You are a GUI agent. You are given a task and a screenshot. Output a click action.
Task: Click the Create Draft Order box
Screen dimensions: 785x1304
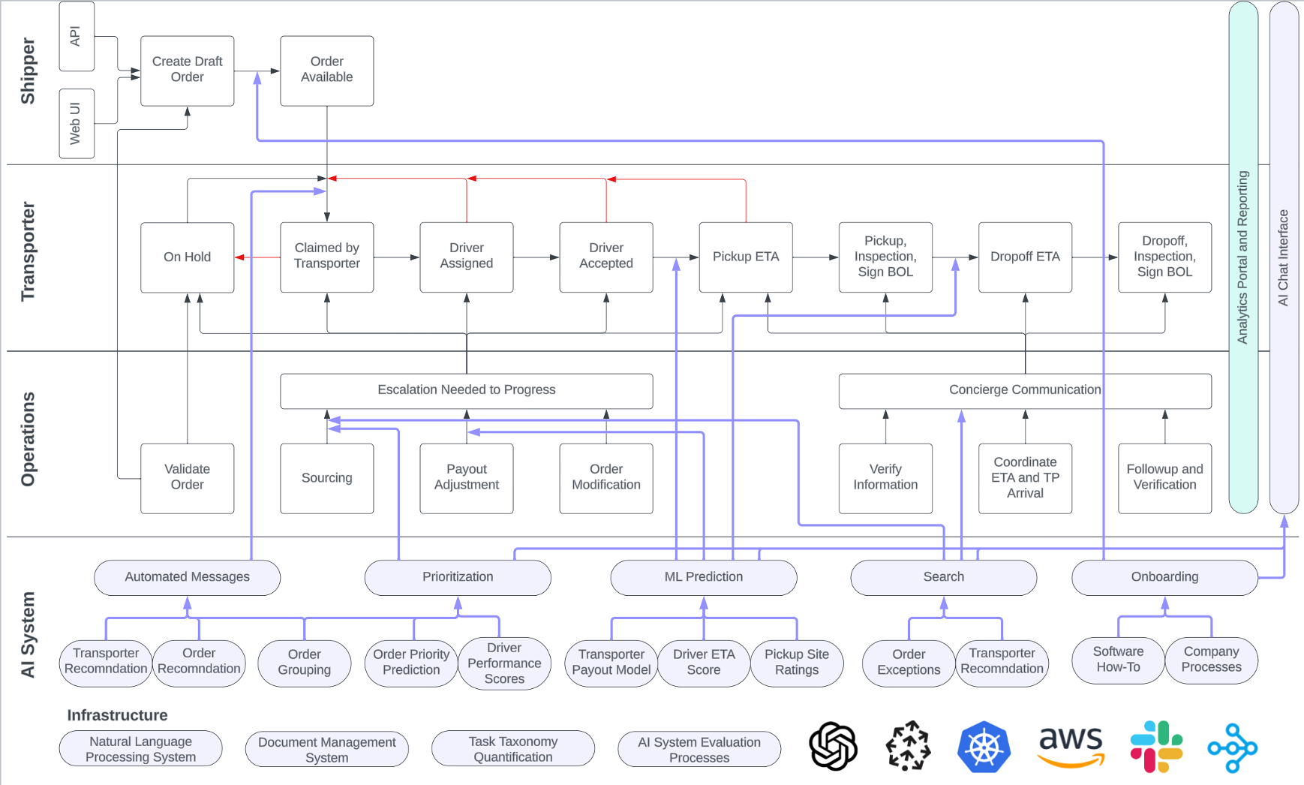[x=187, y=71]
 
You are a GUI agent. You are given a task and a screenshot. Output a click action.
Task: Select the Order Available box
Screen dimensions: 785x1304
[x=326, y=71]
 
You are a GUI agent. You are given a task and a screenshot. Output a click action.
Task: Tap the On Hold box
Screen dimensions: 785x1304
[x=187, y=257]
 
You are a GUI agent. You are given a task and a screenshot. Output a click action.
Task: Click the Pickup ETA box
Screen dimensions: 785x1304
[x=745, y=257]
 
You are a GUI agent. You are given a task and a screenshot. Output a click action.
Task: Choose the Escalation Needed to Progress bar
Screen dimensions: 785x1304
[x=466, y=390]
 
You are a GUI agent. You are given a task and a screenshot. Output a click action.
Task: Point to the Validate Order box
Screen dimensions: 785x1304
[x=187, y=477]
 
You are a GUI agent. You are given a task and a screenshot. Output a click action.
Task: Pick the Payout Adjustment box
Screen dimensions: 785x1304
[x=466, y=477]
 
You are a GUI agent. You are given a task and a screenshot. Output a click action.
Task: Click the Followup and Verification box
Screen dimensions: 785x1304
[x=1164, y=477]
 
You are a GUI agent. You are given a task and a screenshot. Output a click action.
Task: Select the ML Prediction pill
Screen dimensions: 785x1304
[x=703, y=577]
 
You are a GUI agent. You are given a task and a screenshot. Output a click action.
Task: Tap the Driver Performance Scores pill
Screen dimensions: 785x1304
[x=503, y=663]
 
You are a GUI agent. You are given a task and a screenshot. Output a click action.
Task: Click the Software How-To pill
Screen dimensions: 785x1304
[x=1117, y=660]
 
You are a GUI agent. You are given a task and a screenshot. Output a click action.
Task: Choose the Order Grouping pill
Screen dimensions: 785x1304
[x=304, y=663]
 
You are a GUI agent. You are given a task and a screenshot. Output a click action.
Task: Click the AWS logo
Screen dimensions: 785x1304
[x=1071, y=746]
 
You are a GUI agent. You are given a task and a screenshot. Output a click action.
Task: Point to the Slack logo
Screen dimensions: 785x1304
[x=1156, y=746]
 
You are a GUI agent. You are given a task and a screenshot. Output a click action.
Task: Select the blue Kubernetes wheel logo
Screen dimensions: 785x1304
[x=984, y=747]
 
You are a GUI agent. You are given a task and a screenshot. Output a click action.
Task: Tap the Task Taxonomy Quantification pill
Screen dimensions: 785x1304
[x=512, y=749]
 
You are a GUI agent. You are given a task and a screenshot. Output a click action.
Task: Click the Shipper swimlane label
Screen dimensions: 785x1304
[x=28, y=71]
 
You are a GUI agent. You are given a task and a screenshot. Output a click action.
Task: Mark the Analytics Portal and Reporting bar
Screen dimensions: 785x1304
[x=1242, y=257]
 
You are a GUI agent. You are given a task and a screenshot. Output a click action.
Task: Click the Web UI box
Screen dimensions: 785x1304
[x=76, y=124]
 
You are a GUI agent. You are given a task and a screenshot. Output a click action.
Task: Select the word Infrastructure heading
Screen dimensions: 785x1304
[x=117, y=715]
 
